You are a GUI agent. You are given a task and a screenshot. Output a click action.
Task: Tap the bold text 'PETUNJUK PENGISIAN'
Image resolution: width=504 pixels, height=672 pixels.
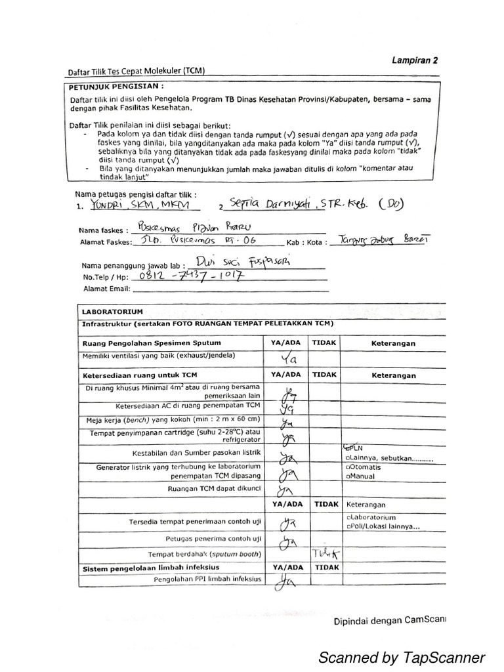pos(115,85)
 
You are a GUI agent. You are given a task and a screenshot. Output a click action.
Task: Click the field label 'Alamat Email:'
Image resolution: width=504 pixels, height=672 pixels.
pos(106,288)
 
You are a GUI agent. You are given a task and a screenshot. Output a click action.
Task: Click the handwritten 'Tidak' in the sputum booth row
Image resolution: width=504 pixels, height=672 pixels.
pos(325,554)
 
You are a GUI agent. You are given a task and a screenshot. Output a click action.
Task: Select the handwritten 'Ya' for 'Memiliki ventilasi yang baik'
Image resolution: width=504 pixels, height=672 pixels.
pos(289,359)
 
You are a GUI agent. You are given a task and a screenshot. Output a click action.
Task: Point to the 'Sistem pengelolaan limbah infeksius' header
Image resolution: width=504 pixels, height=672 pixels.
pos(150,566)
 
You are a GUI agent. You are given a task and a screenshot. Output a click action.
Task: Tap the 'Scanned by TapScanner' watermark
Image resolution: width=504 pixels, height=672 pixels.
pos(401,657)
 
